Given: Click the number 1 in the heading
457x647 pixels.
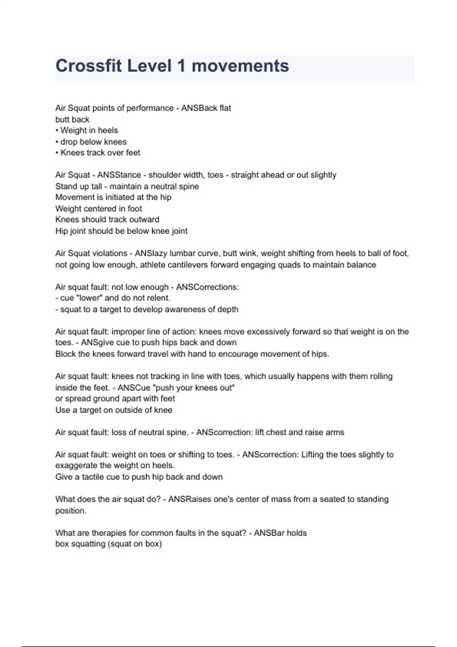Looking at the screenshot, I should pos(181,66).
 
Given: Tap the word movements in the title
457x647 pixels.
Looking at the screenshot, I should pos(240,66).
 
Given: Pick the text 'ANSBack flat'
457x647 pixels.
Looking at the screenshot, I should pos(206,108).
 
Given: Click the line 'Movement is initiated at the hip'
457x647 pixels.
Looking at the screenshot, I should pos(113,198).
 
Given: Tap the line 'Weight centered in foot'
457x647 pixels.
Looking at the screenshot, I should pos(98,209).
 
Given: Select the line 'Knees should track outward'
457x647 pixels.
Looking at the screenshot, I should pos(107,220).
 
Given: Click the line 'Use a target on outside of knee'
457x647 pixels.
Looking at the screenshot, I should pos(113,410).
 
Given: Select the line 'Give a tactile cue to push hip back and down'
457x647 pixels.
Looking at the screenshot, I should pos(139,477).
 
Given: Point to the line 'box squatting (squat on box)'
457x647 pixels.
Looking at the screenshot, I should pos(109,544).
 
